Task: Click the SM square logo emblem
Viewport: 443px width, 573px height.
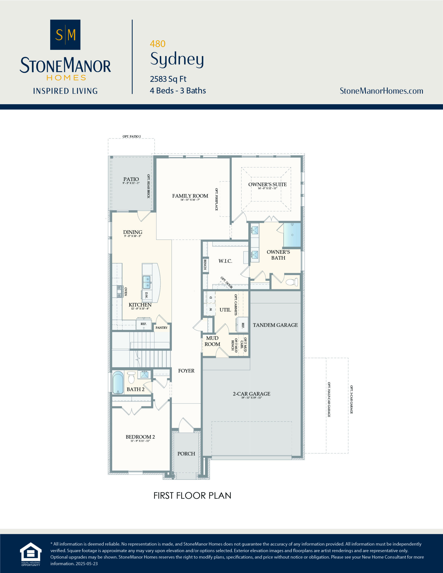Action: [x=65, y=35]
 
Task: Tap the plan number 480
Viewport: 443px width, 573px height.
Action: [x=157, y=44]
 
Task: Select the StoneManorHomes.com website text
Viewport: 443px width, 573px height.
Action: [x=381, y=91]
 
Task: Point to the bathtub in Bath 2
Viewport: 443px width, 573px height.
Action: [x=118, y=382]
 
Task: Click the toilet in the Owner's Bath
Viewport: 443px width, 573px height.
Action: [x=291, y=282]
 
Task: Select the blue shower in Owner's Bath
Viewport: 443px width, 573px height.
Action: [x=292, y=235]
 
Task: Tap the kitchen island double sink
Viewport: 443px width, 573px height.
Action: [x=146, y=282]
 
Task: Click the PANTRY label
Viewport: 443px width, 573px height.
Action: [x=161, y=328]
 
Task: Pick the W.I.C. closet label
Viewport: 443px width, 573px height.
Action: [x=225, y=261]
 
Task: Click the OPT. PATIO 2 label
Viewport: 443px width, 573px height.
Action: [x=131, y=137]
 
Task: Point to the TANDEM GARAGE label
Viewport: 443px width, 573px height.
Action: [x=275, y=325]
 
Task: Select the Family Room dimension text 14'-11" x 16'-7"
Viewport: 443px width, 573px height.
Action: [x=190, y=200]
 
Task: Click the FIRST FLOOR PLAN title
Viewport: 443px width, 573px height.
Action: [x=192, y=496]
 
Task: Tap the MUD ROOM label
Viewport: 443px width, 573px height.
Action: [x=212, y=341]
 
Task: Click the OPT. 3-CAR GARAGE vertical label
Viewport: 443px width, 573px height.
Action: [x=351, y=400]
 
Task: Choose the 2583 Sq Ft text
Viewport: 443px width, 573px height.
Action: [x=168, y=79]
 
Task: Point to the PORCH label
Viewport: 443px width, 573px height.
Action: [x=186, y=454]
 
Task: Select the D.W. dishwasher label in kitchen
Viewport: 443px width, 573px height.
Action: [x=146, y=295]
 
